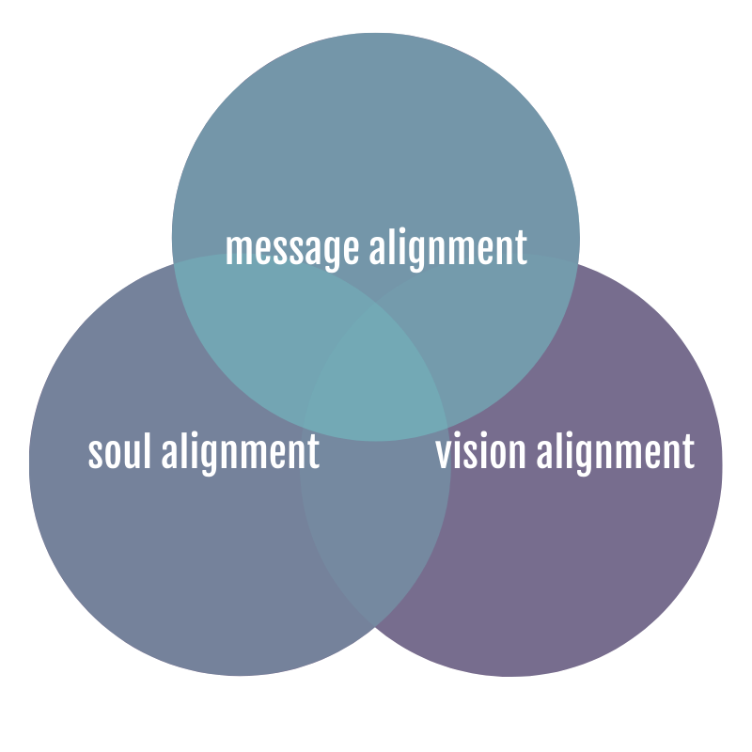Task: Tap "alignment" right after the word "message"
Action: [446, 248]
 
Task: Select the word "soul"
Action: [120, 452]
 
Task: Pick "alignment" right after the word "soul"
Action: [240, 452]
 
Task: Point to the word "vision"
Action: [480, 452]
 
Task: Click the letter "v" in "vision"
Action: [443, 454]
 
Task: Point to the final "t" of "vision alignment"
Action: [688, 452]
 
